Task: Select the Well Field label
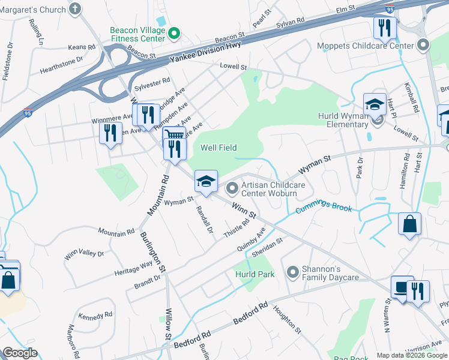point(218,148)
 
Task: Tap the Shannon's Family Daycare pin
point(293,273)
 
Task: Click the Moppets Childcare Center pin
point(423,45)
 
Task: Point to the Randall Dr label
point(205,220)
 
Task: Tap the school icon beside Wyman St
point(205,181)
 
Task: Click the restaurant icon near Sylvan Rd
point(384,27)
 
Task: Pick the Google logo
point(20,353)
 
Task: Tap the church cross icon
point(74,8)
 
